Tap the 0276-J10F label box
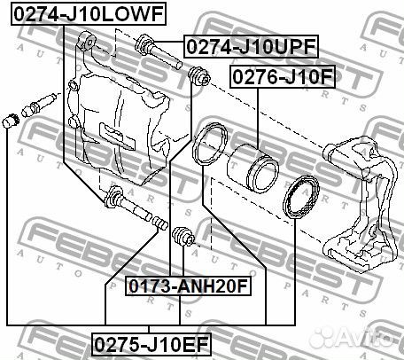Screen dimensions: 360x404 (x=282, y=78)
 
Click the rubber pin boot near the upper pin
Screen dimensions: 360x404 (x=198, y=79)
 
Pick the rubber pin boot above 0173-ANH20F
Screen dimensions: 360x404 (x=183, y=238)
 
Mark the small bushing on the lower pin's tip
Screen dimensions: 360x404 (x=160, y=222)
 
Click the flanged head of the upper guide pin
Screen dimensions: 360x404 (x=143, y=41)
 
